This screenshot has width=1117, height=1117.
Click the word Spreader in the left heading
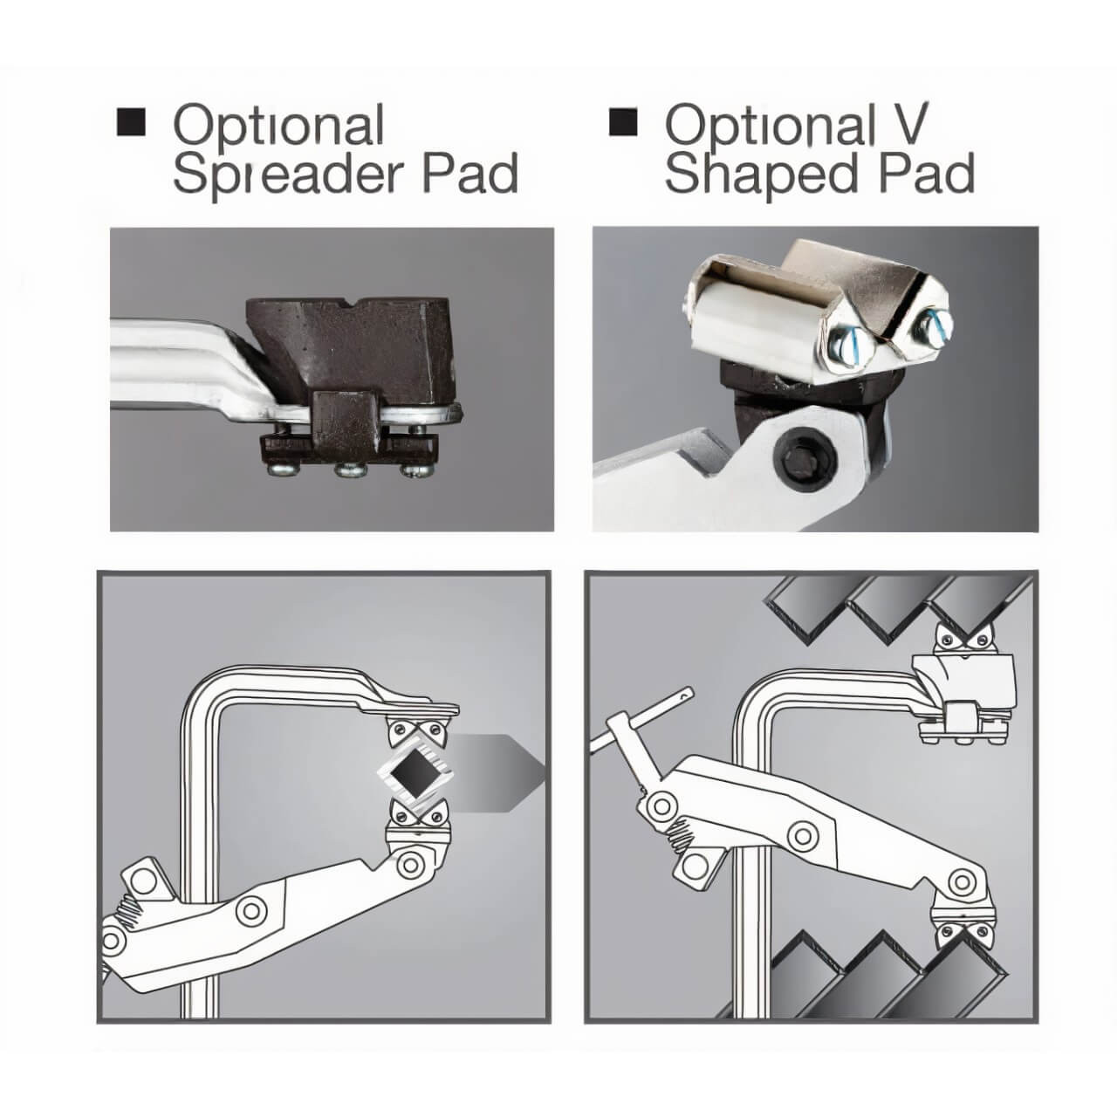point(288,175)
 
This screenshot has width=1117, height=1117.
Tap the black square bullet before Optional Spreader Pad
point(130,121)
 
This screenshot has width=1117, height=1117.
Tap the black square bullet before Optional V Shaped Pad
point(623,121)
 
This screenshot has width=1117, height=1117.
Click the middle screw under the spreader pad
point(349,469)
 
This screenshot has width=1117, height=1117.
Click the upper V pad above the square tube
point(418,733)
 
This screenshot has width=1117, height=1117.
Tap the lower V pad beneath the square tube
point(418,815)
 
